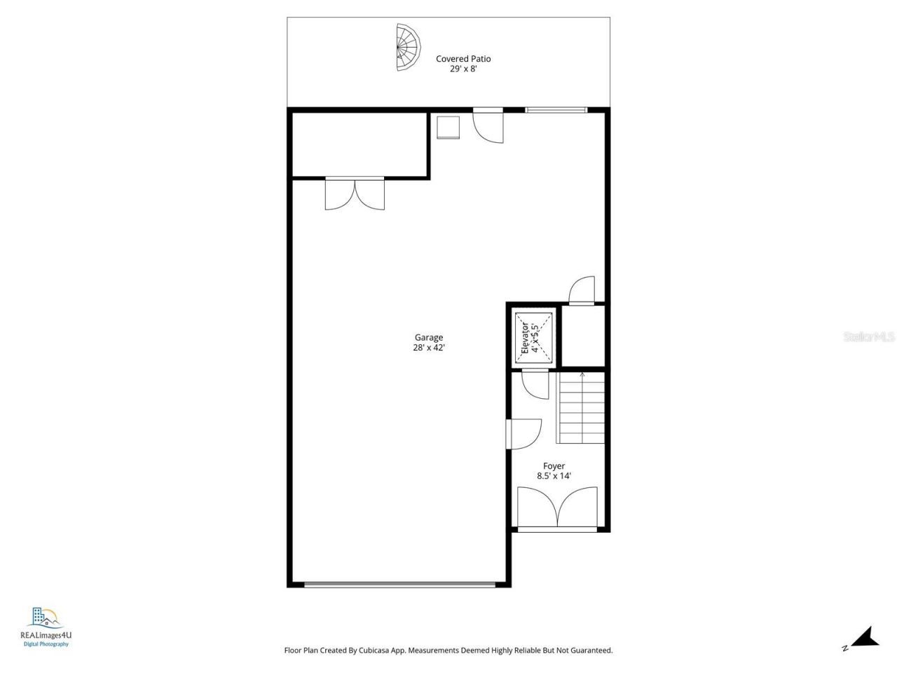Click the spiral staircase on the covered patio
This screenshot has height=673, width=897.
click(409, 48)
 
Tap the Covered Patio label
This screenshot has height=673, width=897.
click(463, 59)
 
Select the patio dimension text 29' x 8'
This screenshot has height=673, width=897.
click(463, 69)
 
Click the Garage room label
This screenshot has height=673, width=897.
click(428, 337)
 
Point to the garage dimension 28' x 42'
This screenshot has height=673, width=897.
click(428, 347)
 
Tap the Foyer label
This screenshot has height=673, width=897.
click(554, 465)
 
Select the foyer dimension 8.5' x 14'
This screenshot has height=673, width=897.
click(554, 476)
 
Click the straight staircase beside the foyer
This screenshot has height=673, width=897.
click(581, 408)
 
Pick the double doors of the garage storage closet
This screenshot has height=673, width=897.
click(355, 194)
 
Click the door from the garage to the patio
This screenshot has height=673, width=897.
click(488, 125)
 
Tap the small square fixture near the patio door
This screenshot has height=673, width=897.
click(448, 128)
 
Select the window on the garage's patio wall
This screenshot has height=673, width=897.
click(556, 109)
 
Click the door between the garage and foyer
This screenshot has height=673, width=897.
click(522, 433)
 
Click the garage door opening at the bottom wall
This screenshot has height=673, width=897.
click(399, 583)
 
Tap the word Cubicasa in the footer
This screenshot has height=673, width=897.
click(390, 651)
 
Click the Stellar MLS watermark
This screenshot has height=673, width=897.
click(869, 337)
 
